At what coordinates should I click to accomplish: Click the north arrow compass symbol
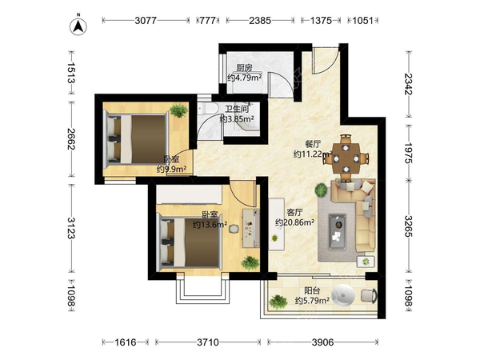tap(78, 26)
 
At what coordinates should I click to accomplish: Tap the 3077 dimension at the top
tap(146, 21)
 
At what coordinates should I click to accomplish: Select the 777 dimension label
tap(207, 21)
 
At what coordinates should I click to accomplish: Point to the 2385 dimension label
tap(260, 21)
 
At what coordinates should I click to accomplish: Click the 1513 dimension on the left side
tap(70, 73)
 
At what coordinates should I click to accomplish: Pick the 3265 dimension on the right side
tap(409, 226)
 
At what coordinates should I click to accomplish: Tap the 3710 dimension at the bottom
tap(208, 342)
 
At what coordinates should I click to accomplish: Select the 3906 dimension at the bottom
tap(322, 342)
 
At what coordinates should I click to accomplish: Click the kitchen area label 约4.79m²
tap(244, 78)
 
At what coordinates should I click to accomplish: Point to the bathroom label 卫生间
tap(237, 109)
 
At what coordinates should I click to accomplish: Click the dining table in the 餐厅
tap(346, 158)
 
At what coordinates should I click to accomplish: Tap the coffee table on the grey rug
tap(338, 232)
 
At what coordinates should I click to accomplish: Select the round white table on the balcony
tap(343, 295)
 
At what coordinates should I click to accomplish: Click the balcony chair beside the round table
tap(369, 296)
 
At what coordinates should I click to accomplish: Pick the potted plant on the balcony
tap(278, 302)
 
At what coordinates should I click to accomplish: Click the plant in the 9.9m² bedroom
tap(178, 110)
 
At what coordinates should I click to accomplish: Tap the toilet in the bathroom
tap(207, 108)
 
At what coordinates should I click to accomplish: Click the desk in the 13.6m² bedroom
tap(250, 228)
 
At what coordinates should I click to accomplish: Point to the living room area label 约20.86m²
tap(294, 222)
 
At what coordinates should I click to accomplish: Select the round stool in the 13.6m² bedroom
tap(234, 229)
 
